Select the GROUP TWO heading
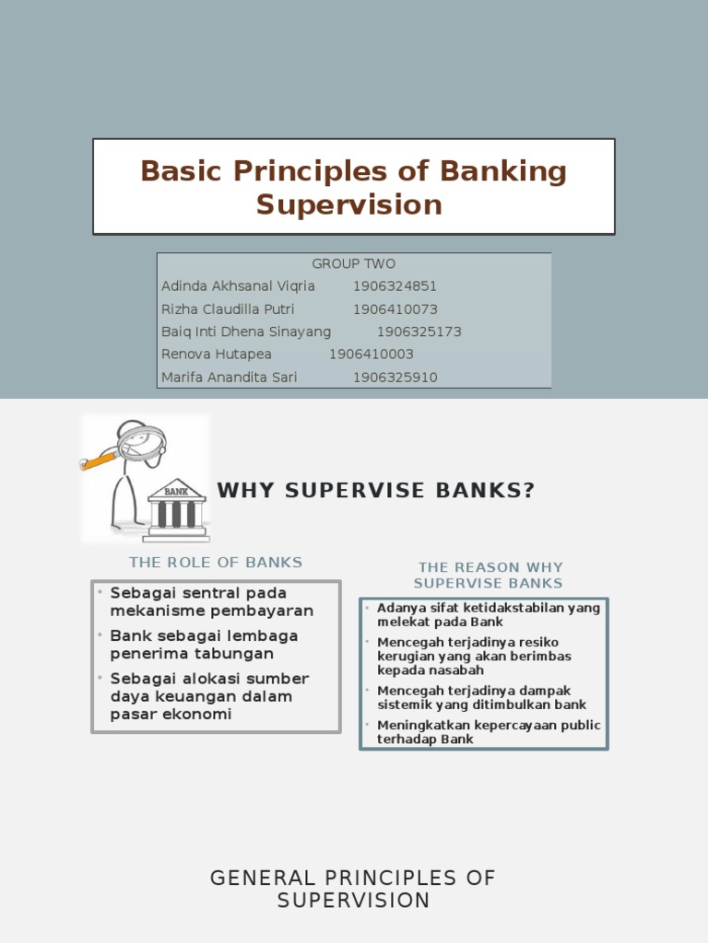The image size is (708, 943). [354, 263]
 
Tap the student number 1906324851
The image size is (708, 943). [395, 286]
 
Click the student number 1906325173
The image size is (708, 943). [419, 332]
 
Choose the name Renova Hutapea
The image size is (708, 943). [217, 355]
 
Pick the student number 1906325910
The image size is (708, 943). [395, 378]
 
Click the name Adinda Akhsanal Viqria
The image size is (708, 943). [238, 286]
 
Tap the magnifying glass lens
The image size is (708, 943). [143, 443]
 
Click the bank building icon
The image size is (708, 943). [176, 508]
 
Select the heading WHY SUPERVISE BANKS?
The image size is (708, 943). [376, 491]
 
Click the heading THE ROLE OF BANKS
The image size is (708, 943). [216, 562]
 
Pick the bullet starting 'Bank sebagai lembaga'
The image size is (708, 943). [204, 645]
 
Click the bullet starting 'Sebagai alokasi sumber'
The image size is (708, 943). [209, 696]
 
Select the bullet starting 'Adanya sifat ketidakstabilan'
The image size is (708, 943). [489, 615]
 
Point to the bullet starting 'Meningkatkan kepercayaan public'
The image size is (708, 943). [489, 732]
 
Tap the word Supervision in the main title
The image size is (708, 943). [349, 204]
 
